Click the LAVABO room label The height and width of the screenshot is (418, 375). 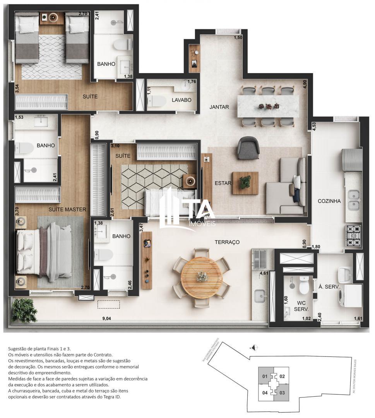(182, 100)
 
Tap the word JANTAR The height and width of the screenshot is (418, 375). (219, 107)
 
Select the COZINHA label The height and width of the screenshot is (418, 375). (329, 201)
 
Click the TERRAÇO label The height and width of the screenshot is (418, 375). (227, 242)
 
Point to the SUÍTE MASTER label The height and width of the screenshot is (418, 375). (67, 209)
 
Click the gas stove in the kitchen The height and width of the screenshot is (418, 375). (353, 236)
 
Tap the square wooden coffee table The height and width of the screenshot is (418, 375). (245, 183)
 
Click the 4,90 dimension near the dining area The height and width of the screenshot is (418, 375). (305, 84)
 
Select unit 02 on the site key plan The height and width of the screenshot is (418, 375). (282, 376)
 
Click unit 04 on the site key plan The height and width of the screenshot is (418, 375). (265, 393)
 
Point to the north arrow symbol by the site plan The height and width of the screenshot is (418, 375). (253, 347)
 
